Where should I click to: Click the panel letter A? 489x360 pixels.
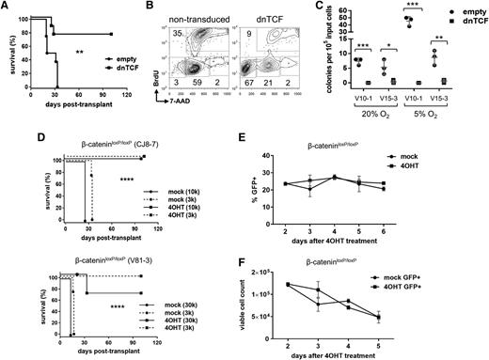click(x=7, y=7)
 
